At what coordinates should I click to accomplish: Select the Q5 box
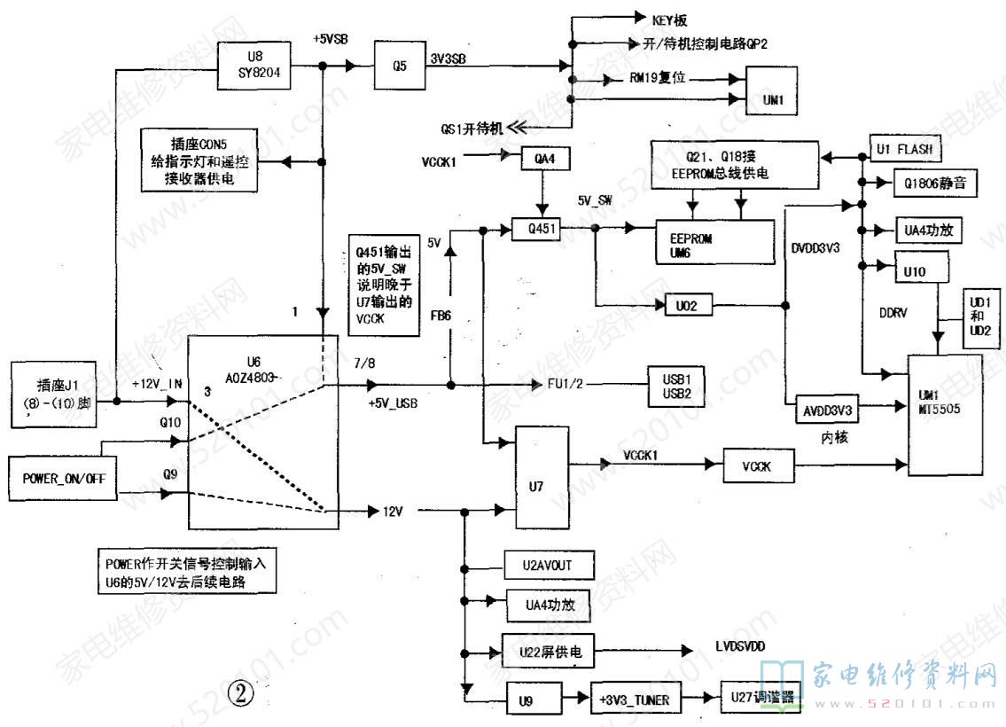[x=400, y=65]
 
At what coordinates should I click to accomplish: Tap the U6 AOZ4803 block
[x=263, y=432]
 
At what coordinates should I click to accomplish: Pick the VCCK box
[x=759, y=465]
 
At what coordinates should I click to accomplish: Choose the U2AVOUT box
[x=549, y=564]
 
